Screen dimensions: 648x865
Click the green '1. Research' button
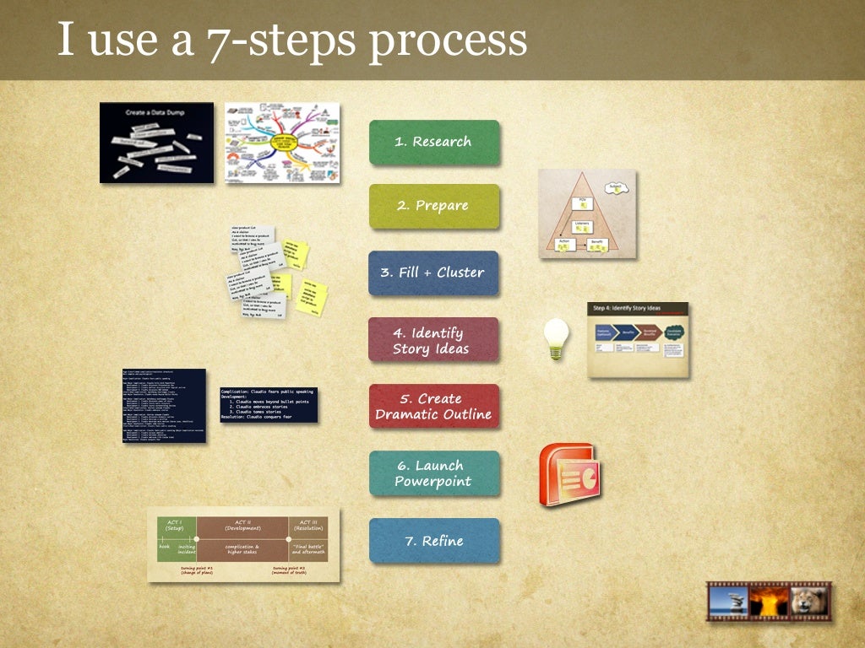point(433,143)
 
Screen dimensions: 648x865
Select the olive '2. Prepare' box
point(433,206)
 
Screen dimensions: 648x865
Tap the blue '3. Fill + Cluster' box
point(433,273)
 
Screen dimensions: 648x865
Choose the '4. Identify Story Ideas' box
point(432,340)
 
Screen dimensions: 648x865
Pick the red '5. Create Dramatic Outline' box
point(433,407)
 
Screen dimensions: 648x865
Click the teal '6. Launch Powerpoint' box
point(433,473)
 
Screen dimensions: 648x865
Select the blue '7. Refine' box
point(433,541)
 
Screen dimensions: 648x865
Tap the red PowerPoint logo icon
point(569,474)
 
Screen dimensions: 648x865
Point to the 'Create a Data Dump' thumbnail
point(156,143)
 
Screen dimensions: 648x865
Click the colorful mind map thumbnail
point(282,143)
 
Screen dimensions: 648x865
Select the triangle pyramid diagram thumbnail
point(587,213)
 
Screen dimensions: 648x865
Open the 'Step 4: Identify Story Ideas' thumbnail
point(638,339)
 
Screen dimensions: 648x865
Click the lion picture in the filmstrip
point(808,602)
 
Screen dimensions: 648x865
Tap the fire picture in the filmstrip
point(769,602)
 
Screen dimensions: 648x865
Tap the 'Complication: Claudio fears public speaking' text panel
point(269,405)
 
